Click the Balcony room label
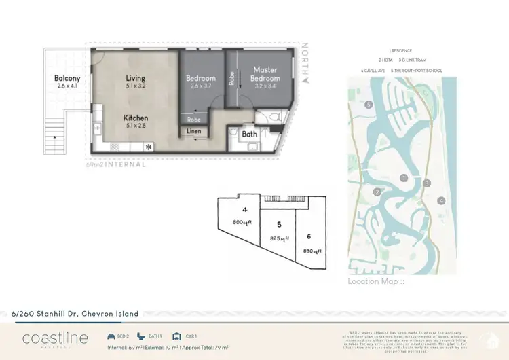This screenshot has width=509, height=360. pos(67,79)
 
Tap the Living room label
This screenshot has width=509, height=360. pos(136,79)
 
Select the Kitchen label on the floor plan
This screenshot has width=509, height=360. pos(136,118)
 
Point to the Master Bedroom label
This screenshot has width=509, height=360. pos(265,73)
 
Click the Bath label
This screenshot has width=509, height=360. pos(250,134)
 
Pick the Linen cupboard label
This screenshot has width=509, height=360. pos(194,130)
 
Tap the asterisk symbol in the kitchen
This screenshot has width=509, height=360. pos(149,146)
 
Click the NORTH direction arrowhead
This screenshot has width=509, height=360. pos(307,80)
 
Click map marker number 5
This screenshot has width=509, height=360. pos(369,105)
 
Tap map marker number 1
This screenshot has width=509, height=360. pos(404,178)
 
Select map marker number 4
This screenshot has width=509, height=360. pos(441,200)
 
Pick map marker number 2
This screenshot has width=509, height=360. pos(377,192)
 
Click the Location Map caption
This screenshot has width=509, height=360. pos(375,281)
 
